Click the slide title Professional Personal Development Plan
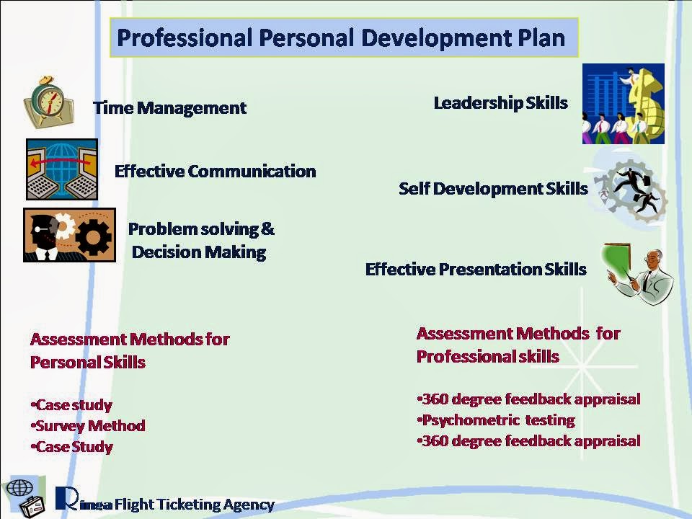(341, 38)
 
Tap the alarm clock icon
(48, 102)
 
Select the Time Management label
(170, 108)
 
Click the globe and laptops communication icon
(62, 169)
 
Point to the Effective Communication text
(216, 172)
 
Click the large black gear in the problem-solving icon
(93, 237)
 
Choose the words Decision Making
(199, 252)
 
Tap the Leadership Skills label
(501, 103)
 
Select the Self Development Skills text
(493, 189)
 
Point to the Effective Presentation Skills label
(476, 269)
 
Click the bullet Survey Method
(88, 426)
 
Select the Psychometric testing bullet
(496, 420)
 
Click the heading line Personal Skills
(88, 363)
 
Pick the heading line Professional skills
(488, 356)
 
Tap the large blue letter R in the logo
(67, 498)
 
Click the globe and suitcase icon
(25, 497)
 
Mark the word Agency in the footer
(249, 505)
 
